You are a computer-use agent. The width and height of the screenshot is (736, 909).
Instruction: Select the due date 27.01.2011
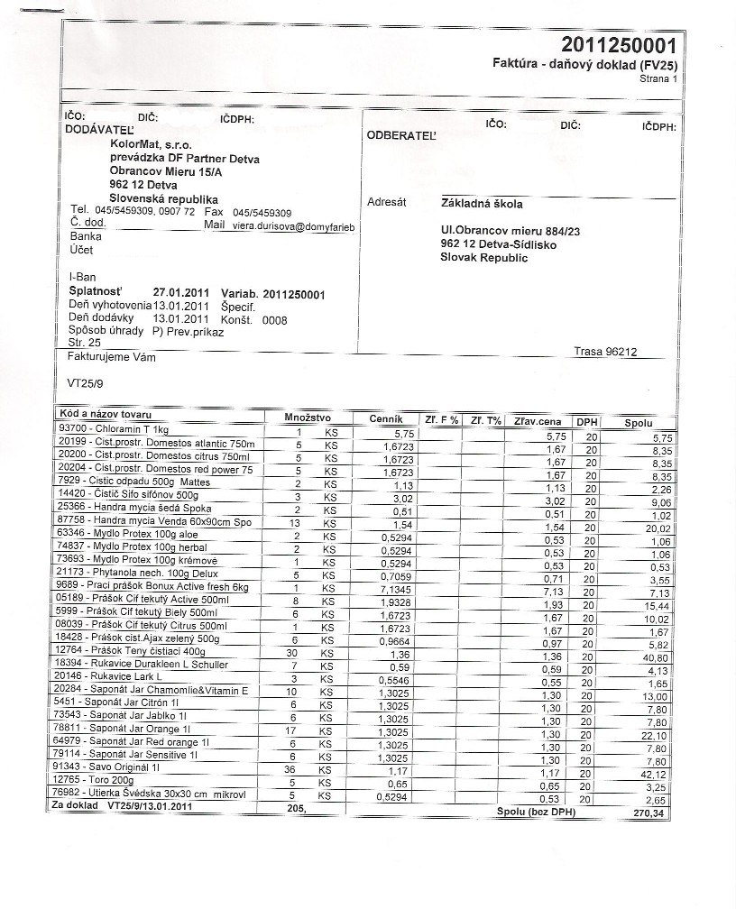(181, 292)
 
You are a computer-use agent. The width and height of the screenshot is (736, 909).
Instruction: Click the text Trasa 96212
(605, 352)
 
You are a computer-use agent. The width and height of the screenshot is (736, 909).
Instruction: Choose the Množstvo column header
(308, 418)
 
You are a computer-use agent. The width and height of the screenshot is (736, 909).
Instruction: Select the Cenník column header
(391, 420)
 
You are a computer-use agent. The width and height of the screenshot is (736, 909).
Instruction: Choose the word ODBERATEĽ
(400, 135)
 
